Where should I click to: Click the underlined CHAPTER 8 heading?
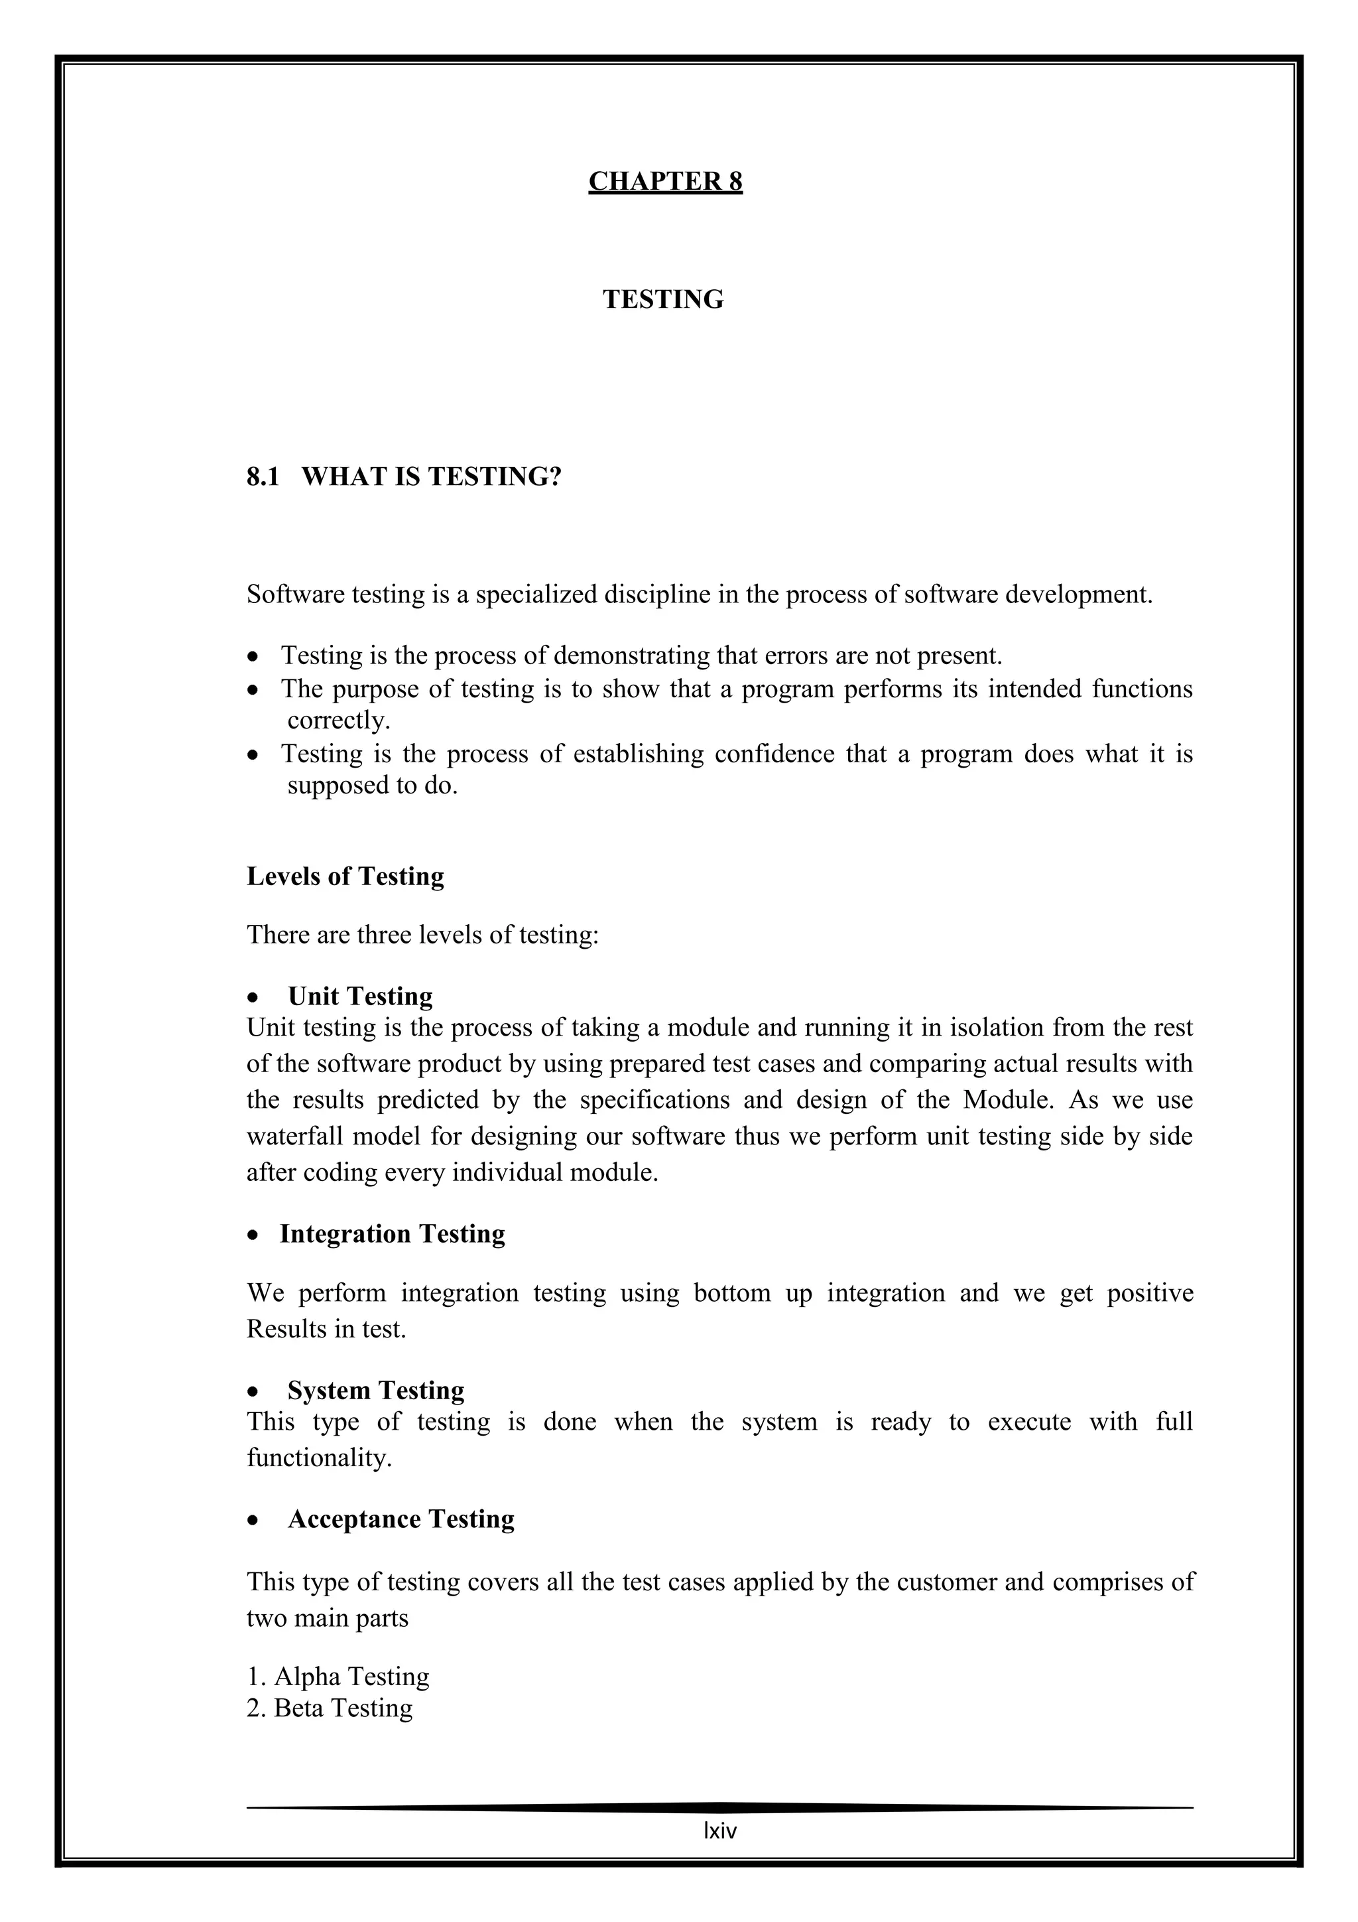pyautogui.click(x=665, y=181)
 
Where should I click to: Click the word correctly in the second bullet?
pyautogui.click(x=338, y=720)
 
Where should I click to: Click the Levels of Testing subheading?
pyautogui.click(x=345, y=876)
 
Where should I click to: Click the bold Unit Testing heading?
pyautogui.click(x=360, y=995)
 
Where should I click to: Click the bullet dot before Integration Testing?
pyautogui.click(x=253, y=1235)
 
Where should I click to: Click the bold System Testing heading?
pyautogui.click(x=376, y=1390)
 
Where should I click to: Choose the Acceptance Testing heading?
pyautogui.click(x=401, y=1519)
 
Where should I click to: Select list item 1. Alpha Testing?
pyautogui.click(x=338, y=1676)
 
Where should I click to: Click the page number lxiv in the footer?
pyautogui.click(x=719, y=1830)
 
